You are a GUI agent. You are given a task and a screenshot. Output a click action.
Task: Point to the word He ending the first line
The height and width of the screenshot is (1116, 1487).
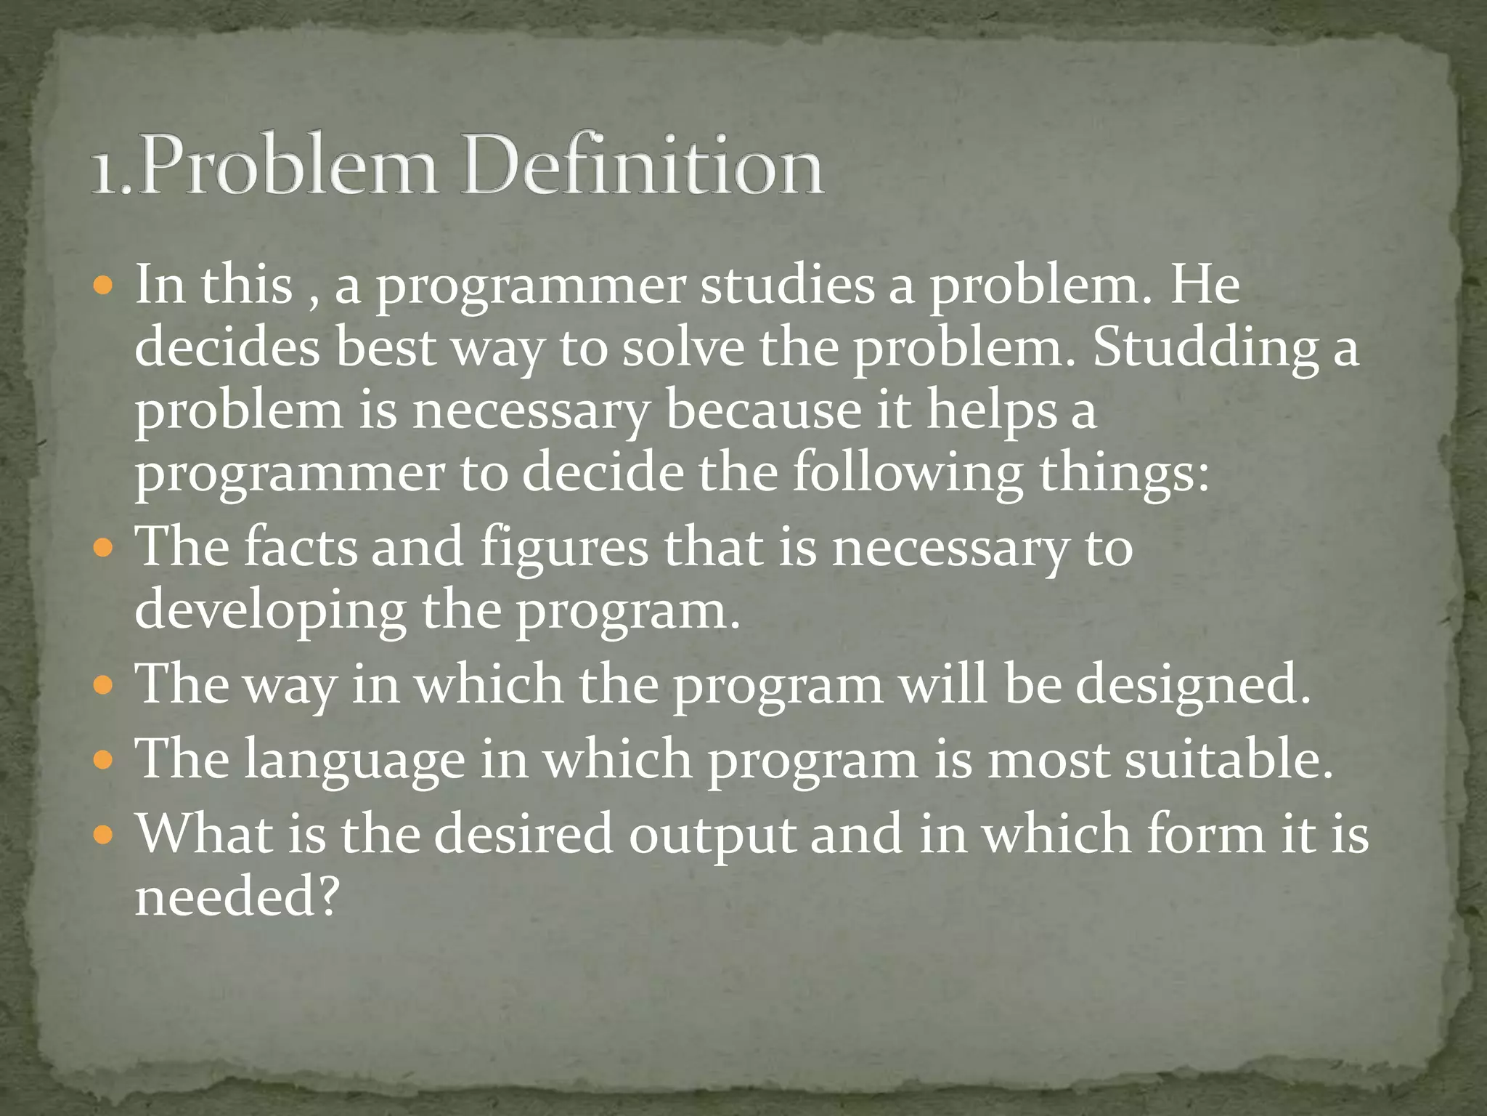coord(1205,284)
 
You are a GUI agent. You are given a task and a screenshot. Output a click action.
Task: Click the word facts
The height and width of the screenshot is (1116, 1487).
coord(301,546)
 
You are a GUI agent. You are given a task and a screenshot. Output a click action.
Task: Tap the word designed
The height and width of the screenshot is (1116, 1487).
coord(1192,685)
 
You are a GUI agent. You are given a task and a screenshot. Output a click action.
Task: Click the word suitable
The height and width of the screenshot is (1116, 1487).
coord(1229,759)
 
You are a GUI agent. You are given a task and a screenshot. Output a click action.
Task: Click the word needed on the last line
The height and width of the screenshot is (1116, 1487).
coord(237,895)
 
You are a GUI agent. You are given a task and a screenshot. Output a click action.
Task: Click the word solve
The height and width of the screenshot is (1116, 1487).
coord(683,348)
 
